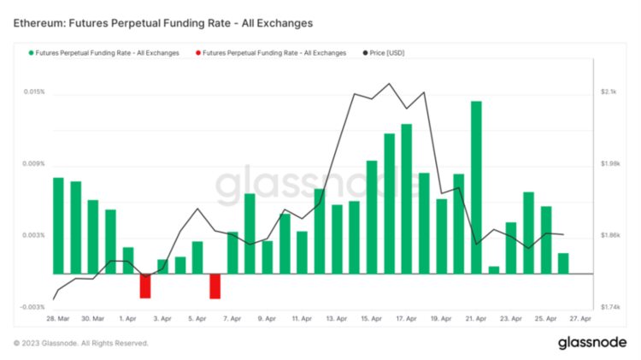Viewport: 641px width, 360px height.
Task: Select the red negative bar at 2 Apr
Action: click(145, 286)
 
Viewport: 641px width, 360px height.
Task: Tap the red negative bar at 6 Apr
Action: click(215, 286)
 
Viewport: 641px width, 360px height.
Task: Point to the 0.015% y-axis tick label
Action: click(33, 91)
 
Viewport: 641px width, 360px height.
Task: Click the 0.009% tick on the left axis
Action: click(33, 163)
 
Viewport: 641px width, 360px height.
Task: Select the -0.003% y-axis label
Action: click(33, 307)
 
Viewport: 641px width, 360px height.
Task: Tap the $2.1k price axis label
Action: click(609, 91)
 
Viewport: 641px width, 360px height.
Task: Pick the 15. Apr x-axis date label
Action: click(371, 319)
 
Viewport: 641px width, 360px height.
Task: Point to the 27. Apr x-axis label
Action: click(580, 319)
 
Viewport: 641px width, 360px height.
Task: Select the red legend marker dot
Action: click(198, 53)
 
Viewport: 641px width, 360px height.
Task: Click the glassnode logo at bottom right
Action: click(592, 343)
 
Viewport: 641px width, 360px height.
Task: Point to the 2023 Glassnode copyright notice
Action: click(81, 343)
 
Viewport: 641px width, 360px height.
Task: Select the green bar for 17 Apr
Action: click(406, 198)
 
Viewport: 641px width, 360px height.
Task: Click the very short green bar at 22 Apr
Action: click(493, 270)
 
